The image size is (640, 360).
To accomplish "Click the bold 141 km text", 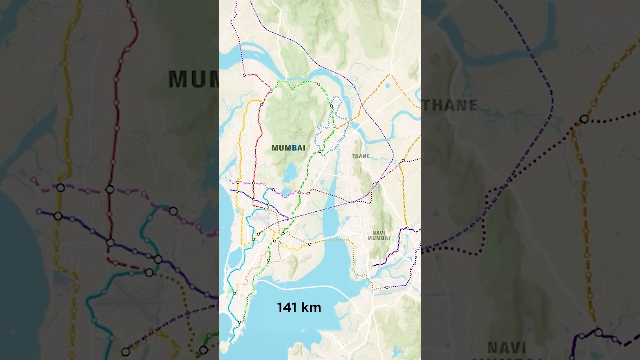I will click(299, 308).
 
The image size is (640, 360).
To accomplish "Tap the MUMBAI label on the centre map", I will click(288, 148).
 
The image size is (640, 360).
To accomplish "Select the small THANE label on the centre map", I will click(361, 156).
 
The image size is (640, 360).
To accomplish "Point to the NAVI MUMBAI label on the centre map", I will click(379, 235).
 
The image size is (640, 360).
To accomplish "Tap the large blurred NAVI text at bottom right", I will click(507, 347).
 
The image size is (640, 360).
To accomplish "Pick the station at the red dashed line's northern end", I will click(244, 75).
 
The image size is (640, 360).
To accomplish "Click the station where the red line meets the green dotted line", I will click(271, 91).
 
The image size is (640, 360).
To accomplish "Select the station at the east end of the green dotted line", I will click(318, 84).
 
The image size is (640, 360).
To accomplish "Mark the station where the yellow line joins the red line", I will click(261, 104).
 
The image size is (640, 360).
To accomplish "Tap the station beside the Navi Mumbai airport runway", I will click(387, 287).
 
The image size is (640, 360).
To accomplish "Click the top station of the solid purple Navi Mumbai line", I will click(408, 229).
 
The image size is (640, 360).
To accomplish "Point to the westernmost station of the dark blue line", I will click(232, 190).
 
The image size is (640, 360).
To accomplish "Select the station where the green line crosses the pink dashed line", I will click(299, 192).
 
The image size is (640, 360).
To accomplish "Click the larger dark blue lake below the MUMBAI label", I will click(289, 175).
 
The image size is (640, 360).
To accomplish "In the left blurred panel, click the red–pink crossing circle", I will click(110, 189).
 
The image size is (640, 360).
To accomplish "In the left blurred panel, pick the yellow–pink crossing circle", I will click(60, 188).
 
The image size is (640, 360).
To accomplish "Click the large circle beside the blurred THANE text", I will click(584, 119).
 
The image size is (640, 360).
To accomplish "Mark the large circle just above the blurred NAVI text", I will click(598, 332).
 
